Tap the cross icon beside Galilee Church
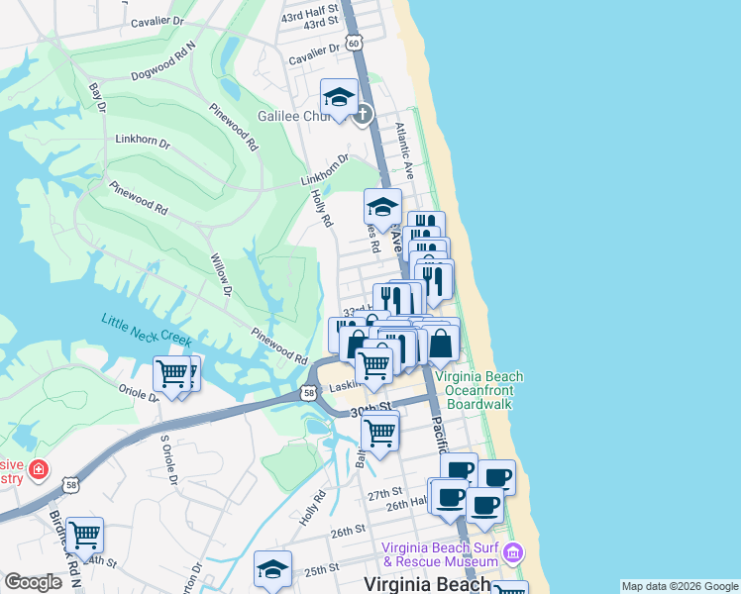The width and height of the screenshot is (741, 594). point(363,113)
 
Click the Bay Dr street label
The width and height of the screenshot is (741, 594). point(97,97)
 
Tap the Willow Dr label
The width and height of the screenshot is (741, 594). point(220,274)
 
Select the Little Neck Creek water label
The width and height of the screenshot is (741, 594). point(146,330)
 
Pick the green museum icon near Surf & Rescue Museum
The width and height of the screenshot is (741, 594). point(514,550)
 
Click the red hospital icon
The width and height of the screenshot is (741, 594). point(39,468)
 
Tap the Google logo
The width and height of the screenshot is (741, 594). point(34,581)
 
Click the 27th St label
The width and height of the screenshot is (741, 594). point(384,492)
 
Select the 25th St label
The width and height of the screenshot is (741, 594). point(322,570)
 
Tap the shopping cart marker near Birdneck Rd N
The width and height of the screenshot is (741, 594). point(85,536)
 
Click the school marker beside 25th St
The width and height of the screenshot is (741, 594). point(272,569)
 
